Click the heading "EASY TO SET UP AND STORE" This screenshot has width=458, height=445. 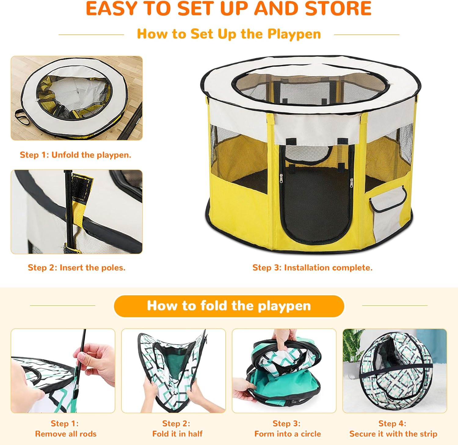(229, 9)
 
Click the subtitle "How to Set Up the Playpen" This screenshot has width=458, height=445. (229, 34)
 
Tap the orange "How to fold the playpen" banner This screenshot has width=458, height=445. (229, 306)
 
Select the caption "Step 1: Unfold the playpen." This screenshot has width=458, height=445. (75, 155)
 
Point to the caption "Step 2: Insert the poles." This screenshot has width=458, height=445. (77, 268)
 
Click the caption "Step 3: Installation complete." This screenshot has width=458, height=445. (312, 268)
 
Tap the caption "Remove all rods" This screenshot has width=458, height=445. (66, 434)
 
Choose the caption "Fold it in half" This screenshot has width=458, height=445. (177, 434)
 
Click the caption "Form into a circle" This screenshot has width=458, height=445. (288, 434)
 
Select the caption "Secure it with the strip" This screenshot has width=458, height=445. (393, 434)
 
